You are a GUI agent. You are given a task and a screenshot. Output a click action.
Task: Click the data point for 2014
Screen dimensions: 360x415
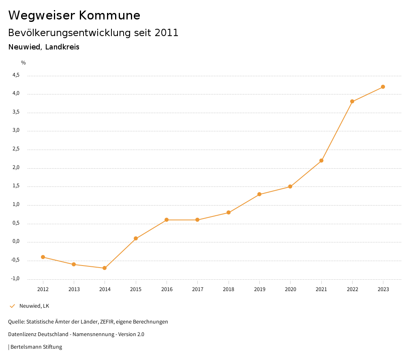[105, 268]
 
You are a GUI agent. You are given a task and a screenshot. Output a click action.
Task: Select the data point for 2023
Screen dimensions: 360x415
[383, 87]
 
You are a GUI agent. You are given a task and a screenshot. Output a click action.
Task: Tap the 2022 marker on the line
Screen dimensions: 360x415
[352, 101]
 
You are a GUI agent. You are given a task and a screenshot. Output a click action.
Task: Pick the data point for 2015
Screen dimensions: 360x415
[136, 238]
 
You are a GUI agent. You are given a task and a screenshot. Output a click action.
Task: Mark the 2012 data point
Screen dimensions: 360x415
[43, 257]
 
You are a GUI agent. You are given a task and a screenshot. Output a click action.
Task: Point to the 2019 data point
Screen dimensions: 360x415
[259, 194]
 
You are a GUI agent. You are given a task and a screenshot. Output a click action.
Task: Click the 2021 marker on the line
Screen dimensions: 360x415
[321, 161]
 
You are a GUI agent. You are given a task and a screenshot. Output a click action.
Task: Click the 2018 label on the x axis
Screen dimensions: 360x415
[229, 289]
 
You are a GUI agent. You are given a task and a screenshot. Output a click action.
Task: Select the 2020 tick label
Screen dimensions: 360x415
[290, 289]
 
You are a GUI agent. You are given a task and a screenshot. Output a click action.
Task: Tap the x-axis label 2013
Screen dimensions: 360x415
[74, 289]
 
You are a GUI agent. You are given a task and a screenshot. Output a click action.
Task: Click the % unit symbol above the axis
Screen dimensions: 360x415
[24, 63]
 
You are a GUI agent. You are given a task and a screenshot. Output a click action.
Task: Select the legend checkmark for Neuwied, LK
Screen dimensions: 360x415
[12, 306]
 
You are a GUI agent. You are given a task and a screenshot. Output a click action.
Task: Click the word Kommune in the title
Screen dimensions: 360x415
[110, 15]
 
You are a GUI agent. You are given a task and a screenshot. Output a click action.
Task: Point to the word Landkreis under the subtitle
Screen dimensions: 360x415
[62, 47]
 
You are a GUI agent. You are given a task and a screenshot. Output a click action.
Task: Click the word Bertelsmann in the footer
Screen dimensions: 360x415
[26, 347]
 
